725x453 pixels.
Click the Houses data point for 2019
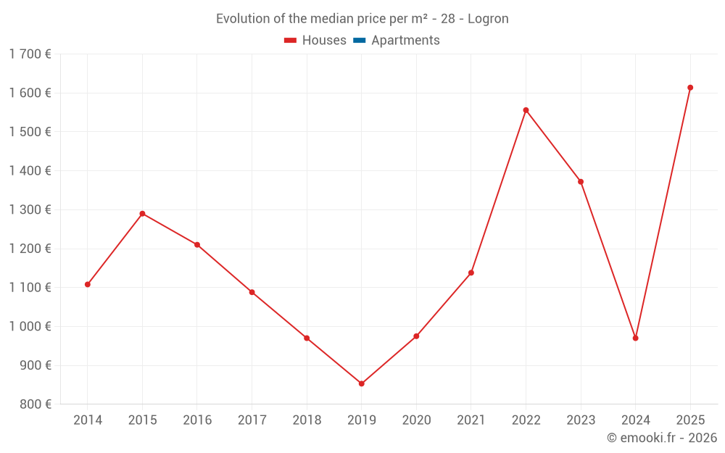pos(361,383)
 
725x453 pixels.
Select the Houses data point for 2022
pos(526,110)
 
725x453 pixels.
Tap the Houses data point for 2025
pos(690,88)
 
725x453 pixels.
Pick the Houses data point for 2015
pos(142,214)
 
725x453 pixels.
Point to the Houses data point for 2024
pos(635,338)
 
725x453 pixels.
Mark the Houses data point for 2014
pos(88,284)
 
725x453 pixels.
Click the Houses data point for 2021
pos(471,273)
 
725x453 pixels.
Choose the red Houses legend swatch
pos(291,41)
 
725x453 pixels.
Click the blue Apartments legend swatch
pos(359,41)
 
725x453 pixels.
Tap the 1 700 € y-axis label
pos(30,54)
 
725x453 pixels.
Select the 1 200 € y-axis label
pos(30,249)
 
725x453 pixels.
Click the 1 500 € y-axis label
pos(30,132)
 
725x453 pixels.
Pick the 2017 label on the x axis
pos(252,420)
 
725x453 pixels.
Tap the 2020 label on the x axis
pos(416,420)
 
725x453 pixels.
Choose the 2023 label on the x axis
pos(581,420)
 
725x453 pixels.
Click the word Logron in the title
pos(488,19)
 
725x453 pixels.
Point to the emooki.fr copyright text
pos(662,438)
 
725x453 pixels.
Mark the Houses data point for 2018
pos(307,338)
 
